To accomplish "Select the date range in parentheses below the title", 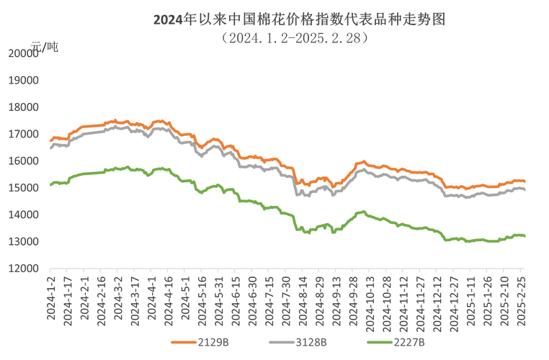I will click(295, 37).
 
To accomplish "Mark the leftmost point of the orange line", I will click(49, 139).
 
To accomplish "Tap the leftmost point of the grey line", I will click(49, 147).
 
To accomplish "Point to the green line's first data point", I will click(49, 185).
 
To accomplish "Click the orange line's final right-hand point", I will click(525, 181).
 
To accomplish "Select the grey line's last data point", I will click(525, 189).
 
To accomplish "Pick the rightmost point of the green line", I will click(525, 235).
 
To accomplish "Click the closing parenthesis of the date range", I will click(366, 37).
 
